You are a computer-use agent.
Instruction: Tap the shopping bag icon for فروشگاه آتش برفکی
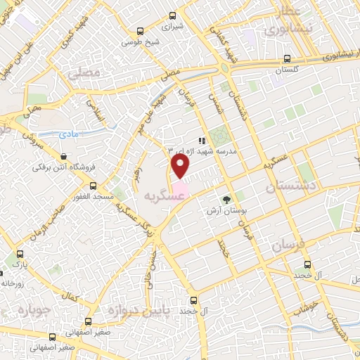(65, 157)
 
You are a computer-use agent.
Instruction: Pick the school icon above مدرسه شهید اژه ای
(202, 141)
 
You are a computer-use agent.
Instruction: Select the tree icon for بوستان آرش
(226, 200)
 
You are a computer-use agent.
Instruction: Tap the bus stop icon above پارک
(19, 255)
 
